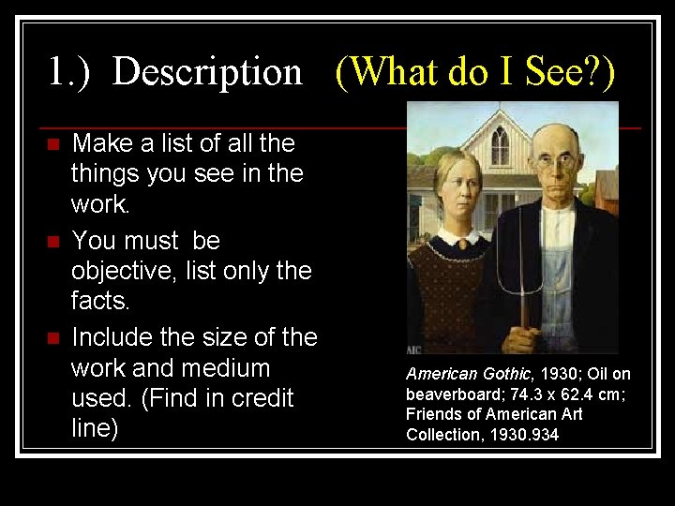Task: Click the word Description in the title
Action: pyautogui.click(x=207, y=72)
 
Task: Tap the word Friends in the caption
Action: pyautogui.click(x=430, y=414)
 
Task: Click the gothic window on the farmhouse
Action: pyautogui.click(x=501, y=146)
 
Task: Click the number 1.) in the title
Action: pyautogui.click(x=69, y=72)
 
